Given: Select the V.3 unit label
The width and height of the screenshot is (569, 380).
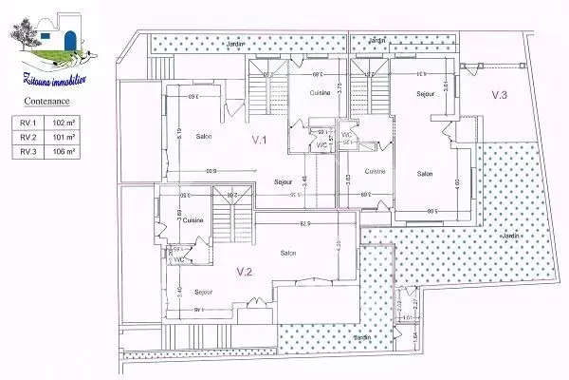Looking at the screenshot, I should (x=500, y=95).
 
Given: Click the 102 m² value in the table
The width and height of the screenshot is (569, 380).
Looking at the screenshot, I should (x=65, y=123).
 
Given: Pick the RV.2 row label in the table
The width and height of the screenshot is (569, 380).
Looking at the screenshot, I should (x=28, y=137).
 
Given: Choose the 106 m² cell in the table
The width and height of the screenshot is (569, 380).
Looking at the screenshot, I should (x=65, y=151).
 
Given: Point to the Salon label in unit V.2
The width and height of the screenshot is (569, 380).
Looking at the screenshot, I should (x=288, y=252).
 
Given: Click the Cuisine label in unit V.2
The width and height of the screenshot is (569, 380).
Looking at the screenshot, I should (x=194, y=219).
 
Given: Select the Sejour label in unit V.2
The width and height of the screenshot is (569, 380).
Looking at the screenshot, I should (x=204, y=292).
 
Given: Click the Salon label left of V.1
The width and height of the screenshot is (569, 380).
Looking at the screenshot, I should (x=204, y=135).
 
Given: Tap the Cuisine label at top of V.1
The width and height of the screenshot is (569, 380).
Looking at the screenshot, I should (x=319, y=92).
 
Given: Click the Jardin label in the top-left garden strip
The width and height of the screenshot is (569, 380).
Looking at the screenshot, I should (x=233, y=45).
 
